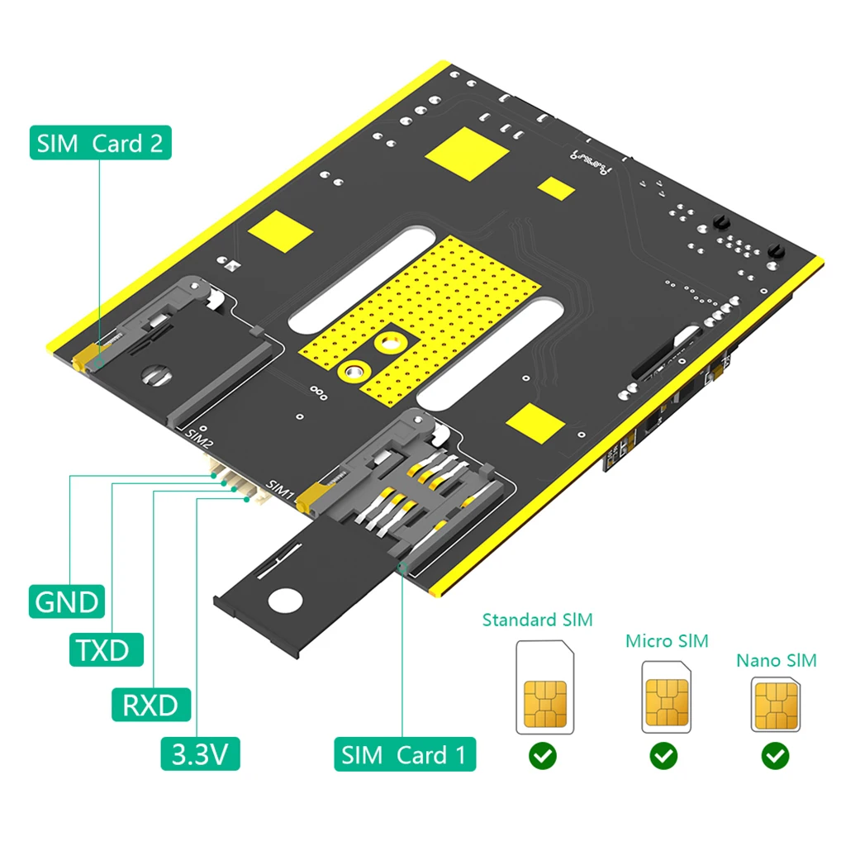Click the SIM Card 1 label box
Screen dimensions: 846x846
click(x=404, y=753)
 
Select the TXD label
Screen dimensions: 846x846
click(x=103, y=650)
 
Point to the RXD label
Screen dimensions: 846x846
click(x=150, y=705)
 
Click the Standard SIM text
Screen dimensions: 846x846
click(x=537, y=620)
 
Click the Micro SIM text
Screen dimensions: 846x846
click(x=666, y=641)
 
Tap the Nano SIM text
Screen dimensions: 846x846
click(x=776, y=660)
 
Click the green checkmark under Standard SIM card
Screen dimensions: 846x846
click(x=543, y=755)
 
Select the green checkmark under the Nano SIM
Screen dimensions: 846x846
click(x=775, y=755)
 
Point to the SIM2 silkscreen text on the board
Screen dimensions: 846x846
click(x=199, y=438)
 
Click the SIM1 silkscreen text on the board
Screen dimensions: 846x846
click(x=281, y=488)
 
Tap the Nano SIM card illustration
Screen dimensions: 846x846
click(x=775, y=706)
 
